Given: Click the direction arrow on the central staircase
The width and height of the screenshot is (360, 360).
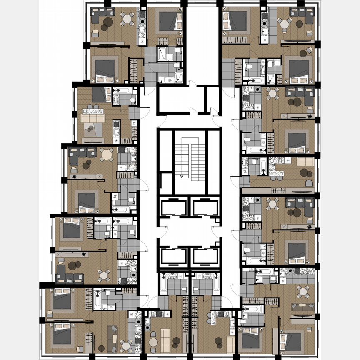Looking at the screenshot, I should coord(182,175).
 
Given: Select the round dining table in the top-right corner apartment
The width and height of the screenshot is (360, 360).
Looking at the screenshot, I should coord(285,25).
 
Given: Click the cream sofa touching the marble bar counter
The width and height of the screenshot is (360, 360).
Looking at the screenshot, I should coord(93,118).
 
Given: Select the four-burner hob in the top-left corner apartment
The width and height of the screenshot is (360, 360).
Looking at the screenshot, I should coord(144,17).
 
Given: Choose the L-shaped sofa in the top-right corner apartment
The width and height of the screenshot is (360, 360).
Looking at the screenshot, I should coord(303,17).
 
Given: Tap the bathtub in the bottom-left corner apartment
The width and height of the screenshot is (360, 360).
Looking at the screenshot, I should coord(97,299).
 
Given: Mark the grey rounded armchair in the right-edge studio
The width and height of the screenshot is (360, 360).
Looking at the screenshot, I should coord(309,183).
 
